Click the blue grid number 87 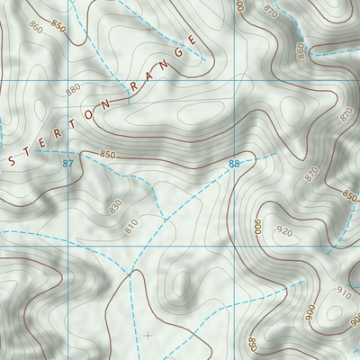click(68, 163)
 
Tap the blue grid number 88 click(234, 163)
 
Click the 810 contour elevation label click(131, 225)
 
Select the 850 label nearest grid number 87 click(108, 154)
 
